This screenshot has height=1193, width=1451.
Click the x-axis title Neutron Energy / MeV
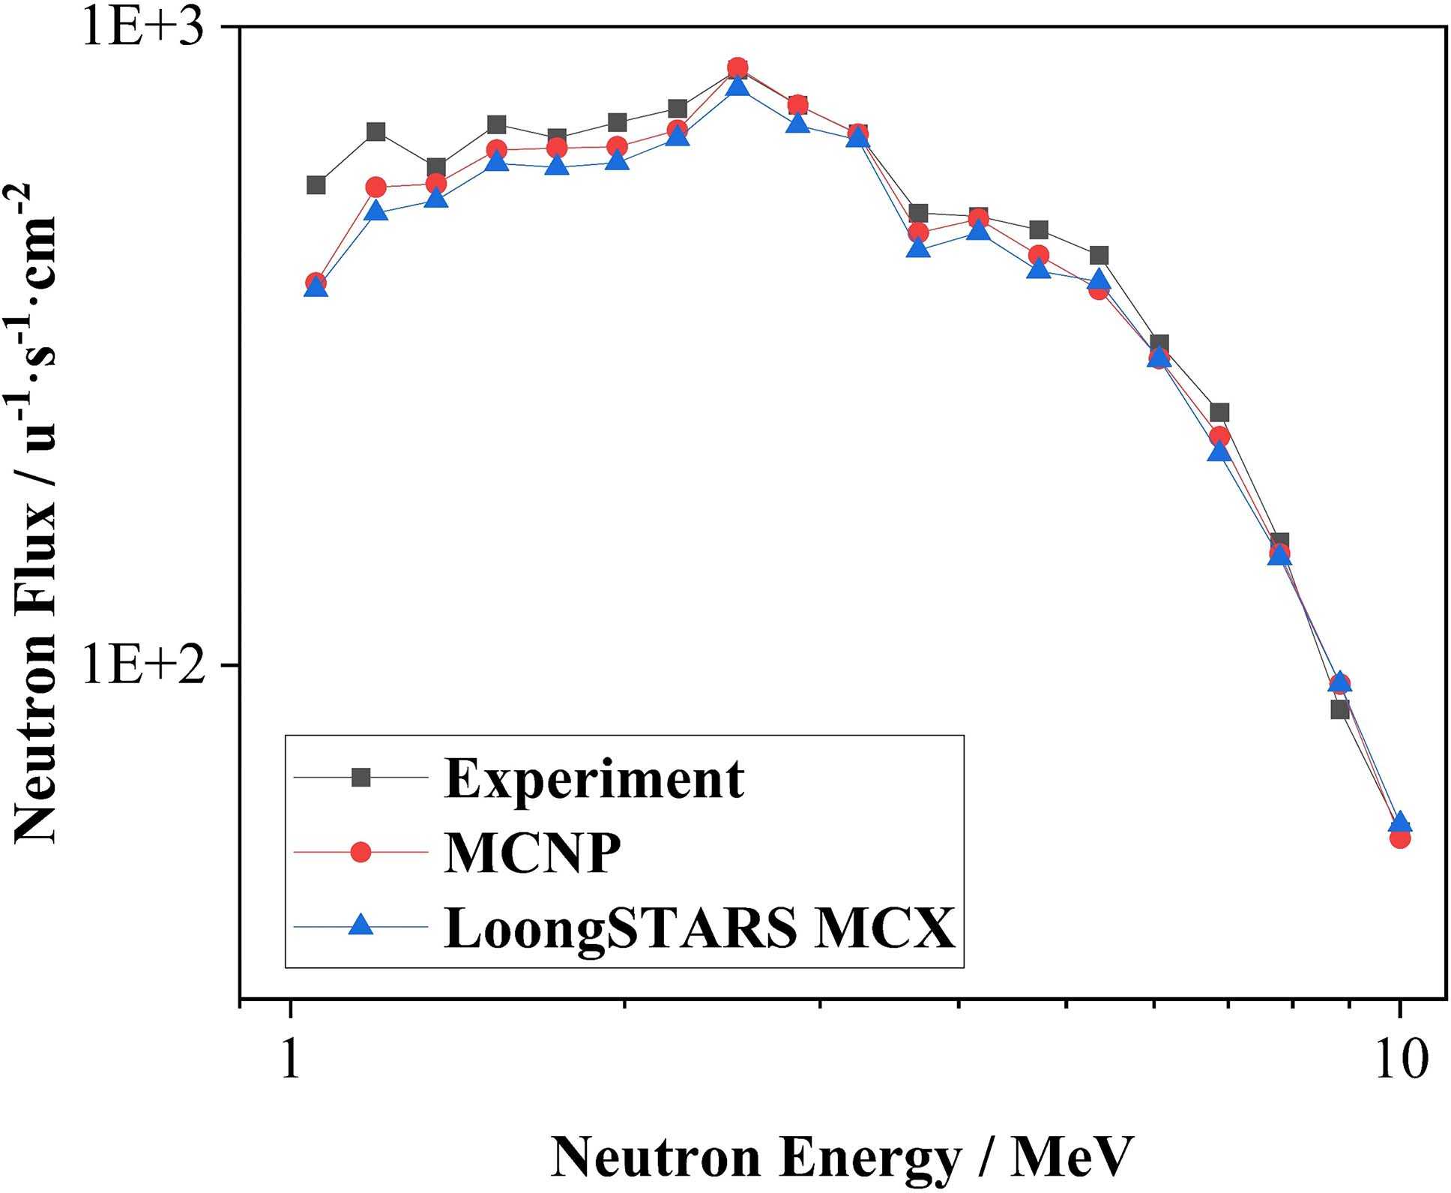tap(842, 1157)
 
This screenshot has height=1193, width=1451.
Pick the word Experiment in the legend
tap(594, 778)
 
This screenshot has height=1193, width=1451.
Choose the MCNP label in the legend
tap(532, 853)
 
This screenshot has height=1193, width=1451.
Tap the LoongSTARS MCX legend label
tap(699, 927)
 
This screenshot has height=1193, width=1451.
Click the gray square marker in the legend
tap(361, 778)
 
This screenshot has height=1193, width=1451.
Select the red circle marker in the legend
tap(361, 852)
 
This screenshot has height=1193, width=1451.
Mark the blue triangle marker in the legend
tap(361, 925)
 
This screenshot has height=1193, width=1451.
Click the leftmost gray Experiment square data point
tap(316, 184)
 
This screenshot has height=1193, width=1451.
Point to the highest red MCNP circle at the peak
tap(737, 67)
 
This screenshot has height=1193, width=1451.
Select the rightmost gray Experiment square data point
tap(1340, 709)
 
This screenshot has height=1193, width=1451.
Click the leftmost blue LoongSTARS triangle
tap(316, 287)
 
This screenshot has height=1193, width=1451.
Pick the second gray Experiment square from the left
tap(376, 132)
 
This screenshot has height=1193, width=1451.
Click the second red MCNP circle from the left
tap(376, 187)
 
